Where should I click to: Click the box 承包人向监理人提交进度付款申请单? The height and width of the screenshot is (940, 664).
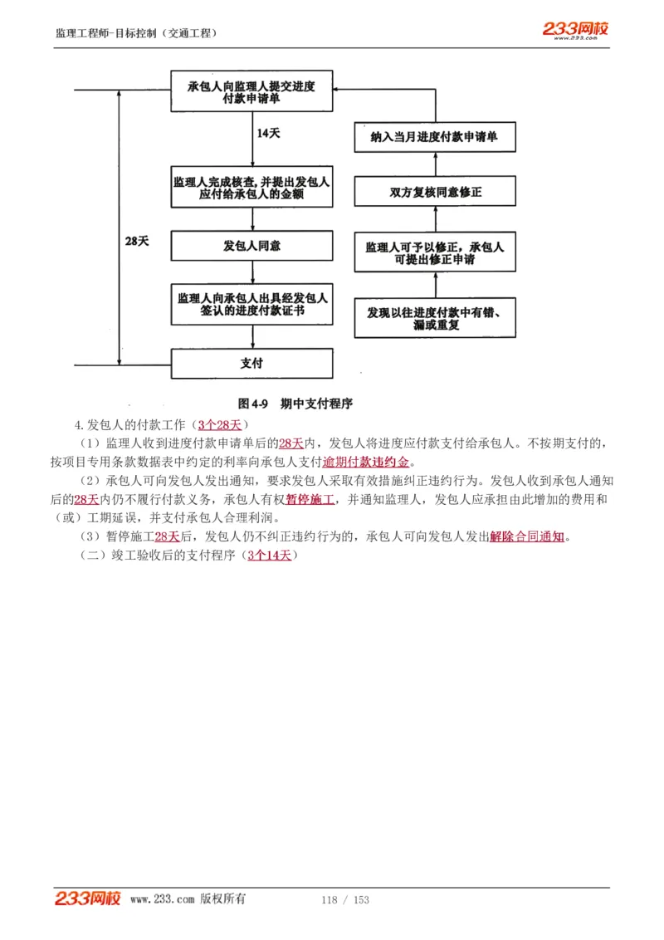pyautogui.click(x=251, y=91)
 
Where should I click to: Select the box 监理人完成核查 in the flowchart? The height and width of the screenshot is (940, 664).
pyautogui.click(x=251, y=190)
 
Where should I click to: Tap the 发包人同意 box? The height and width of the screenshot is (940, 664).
pyautogui.click(x=251, y=246)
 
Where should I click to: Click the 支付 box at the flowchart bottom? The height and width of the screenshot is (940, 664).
pyautogui.click(x=251, y=363)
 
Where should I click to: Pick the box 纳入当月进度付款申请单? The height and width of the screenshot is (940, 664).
pyautogui.click(x=435, y=137)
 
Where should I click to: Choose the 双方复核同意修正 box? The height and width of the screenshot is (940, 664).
pyautogui.click(x=435, y=192)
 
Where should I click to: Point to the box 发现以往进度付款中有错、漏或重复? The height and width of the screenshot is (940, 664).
pyautogui.click(x=435, y=318)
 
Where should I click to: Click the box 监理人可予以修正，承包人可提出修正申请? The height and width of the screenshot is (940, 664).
pyautogui.click(x=435, y=253)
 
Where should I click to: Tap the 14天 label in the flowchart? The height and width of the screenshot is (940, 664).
pyautogui.click(x=268, y=133)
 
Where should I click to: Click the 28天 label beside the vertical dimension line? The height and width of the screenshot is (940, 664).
pyautogui.click(x=136, y=241)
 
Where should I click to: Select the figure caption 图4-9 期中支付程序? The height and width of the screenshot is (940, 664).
pyautogui.click(x=295, y=404)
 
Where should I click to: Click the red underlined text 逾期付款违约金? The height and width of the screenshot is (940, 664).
pyautogui.click(x=366, y=462)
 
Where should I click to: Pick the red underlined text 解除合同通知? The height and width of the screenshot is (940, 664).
pyautogui.click(x=527, y=536)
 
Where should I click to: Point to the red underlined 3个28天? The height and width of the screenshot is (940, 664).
pyautogui.click(x=218, y=424)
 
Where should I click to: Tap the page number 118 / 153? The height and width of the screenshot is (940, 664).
pyautogui.click(x=344, y=900)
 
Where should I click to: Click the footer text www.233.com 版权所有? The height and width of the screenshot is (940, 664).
pyautogui.click(x=188, y=899)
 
